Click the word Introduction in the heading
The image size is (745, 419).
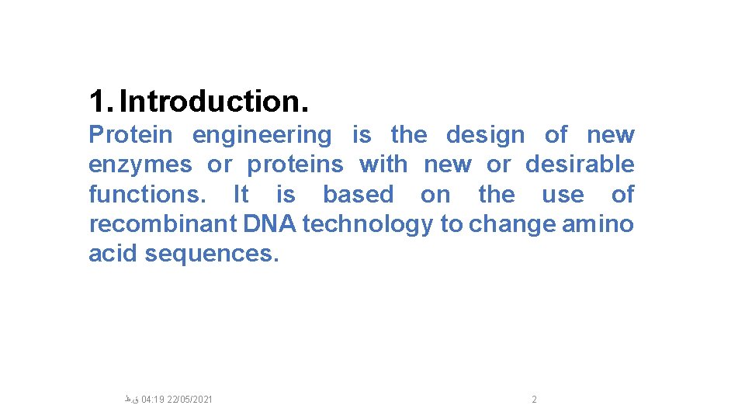pyautogui.click(x=213, y=101)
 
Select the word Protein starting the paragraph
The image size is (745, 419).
pyautogui.click(x=130, y=135)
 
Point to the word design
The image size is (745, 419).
pyautogui.click(x=485, y=136)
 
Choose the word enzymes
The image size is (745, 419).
pyautogui.click(x=140, y=165)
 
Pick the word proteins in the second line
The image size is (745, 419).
pyautogui.click(x=295, y=165)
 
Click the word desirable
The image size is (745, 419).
pyautogui.click(x=580, y=164)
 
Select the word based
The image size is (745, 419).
pyautogui.click(x=358, y=194)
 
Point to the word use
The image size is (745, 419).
pyautogui.click(x=563, y=194)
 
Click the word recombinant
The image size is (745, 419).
pyautogui.click(x=163, y=224)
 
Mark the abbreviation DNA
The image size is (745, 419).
pyautogui.click(x=271, y=224)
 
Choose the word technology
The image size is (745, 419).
pyautogui.click(x=368, y=225)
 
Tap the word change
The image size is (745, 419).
pyautogui.click(x=512, y=225)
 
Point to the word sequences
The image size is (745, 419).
pyautogui.click(x=211, y=255)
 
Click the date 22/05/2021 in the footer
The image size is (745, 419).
pyautogui.click(x=190, y=400)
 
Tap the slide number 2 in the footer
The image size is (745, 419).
pyautogui.click(x=534, y=400)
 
